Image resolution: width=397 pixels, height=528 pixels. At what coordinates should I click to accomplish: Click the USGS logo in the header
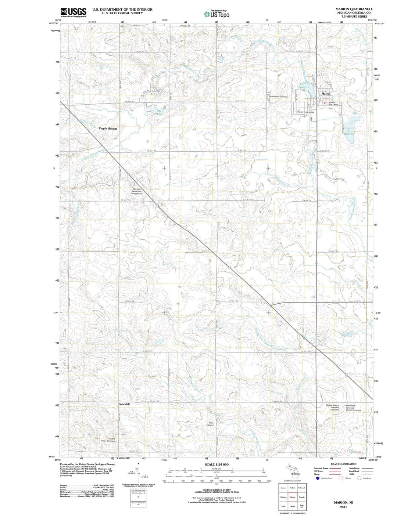74,12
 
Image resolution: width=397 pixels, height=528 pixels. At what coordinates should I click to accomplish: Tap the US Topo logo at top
217,14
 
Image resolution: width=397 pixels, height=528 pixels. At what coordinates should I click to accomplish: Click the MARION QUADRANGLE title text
354,9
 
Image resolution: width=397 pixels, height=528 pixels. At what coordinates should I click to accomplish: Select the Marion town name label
326,94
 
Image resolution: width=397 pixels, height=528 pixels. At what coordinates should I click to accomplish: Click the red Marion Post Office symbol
325,103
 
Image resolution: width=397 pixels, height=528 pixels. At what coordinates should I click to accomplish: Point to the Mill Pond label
303,86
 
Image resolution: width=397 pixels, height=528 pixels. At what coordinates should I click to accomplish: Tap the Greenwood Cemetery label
279,97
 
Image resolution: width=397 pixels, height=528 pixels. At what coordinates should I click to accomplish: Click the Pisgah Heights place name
108,129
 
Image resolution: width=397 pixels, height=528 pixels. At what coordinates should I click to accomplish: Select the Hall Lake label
160,112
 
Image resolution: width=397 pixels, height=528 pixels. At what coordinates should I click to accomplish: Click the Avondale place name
124,404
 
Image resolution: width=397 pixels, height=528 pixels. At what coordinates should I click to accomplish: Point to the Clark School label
211,424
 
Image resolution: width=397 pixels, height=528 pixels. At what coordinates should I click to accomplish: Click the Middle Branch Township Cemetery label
332,408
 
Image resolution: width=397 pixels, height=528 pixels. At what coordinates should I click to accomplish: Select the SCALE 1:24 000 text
217,464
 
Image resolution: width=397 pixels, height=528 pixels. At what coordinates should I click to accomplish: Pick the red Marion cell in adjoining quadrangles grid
293,497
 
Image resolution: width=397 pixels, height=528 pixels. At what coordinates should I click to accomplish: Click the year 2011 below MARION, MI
343,507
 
